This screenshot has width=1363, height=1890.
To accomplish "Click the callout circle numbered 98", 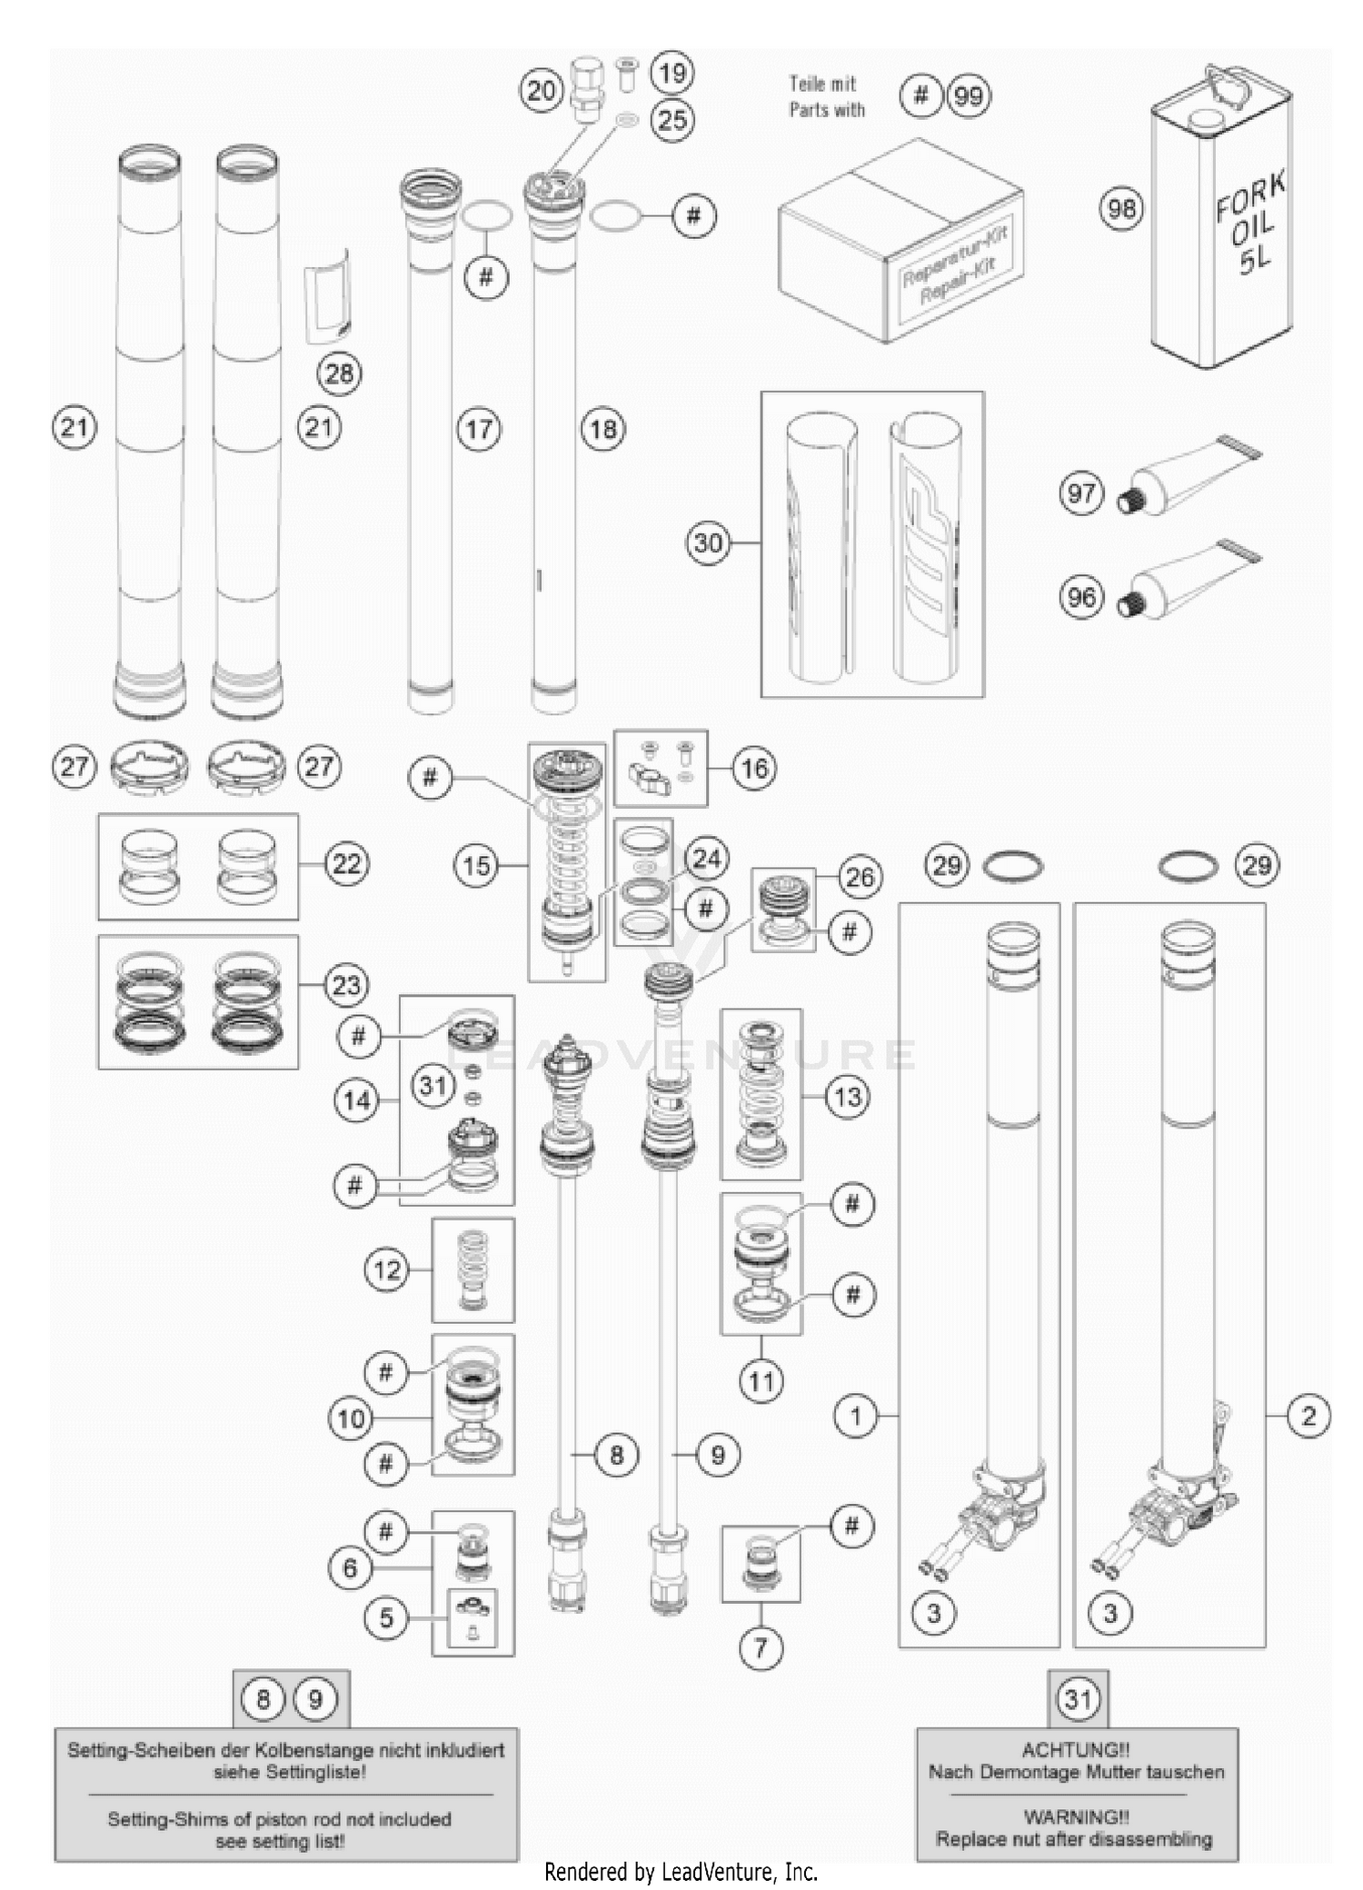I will [x=1121, y=209].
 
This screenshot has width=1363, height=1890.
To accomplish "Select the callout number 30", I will [x=708, y=543].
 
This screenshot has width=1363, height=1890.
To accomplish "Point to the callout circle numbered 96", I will [x=1081, y=598].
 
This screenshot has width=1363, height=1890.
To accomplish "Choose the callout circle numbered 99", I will [x=969, y=95].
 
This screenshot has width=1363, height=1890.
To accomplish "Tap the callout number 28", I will [x=339, y=373].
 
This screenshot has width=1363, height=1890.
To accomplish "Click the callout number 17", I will [x=479, y=429].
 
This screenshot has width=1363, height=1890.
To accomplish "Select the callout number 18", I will [x=603, y=429].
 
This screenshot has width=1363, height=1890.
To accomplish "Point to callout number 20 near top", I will [x=542, y=91].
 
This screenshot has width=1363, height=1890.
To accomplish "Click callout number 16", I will [x=754, y=769].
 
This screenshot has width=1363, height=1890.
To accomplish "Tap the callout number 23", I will [x=346, y=985].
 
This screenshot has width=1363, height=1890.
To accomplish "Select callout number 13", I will [x=847, y=1097].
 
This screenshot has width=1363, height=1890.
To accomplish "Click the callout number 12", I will [x=387, y=1269].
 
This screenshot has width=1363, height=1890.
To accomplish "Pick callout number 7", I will [x=761, y=1646].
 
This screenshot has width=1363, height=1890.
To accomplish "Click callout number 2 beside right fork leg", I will [x=1308, y=1415].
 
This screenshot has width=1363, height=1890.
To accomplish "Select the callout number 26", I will [x=859, y=877].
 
